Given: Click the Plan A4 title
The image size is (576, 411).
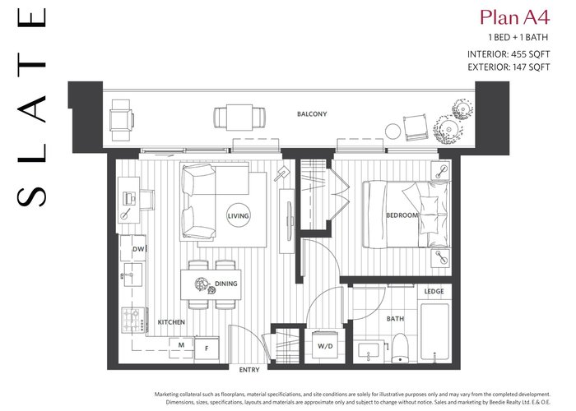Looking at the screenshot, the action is tap(514, 17).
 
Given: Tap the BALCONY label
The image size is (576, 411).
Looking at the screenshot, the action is tap(312, 114).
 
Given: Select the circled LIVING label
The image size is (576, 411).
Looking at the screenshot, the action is tap(238, 215).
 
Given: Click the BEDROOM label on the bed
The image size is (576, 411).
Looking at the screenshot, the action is tap(402, 215).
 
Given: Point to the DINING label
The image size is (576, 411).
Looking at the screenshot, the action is tap(226, 284).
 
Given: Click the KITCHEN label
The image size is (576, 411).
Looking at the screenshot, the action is tap(171, 322).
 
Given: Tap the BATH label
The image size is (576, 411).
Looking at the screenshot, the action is tap(395, 319).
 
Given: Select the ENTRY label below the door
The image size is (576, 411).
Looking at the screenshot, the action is tap(249, 370).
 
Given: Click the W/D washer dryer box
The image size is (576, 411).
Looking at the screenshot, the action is tap(325, 345).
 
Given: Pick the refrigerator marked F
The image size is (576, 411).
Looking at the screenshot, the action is tap(207, 349).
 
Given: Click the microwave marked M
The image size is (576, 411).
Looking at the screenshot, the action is tap(181, 345).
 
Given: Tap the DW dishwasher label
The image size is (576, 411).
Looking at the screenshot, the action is tap(138, 249).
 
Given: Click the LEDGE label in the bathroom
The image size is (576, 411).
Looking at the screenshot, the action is tap(434, 291).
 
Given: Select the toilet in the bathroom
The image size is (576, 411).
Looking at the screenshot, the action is tap(401, 348).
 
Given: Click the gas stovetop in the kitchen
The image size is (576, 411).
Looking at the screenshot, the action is tap(133, 321).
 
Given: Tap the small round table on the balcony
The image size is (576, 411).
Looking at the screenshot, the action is tap(393, 132).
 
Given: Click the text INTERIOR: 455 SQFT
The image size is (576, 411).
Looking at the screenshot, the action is tap(509, 54).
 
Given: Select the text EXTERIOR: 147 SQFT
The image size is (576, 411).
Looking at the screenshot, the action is tap(509, 67).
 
